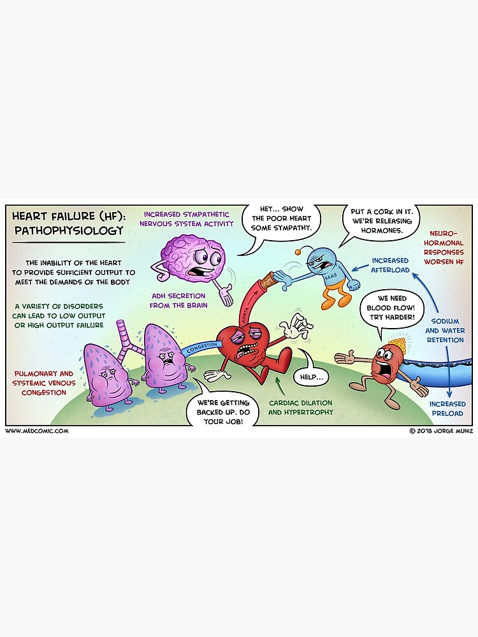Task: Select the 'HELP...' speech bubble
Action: [x=309, y=377]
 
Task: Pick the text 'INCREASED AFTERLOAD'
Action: [x=390, y=265]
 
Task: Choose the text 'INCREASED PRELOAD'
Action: [x=447, y=408]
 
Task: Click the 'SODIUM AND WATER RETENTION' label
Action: [x=445, y=331]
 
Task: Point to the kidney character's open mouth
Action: [x=386, y=367]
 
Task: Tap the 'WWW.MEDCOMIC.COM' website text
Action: [x=36, y=431]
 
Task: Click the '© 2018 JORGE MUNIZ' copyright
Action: [x=440, y=431]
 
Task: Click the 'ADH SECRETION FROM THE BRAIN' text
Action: [x=178, y=300]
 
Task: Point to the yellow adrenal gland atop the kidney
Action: [x=397, y=345]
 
